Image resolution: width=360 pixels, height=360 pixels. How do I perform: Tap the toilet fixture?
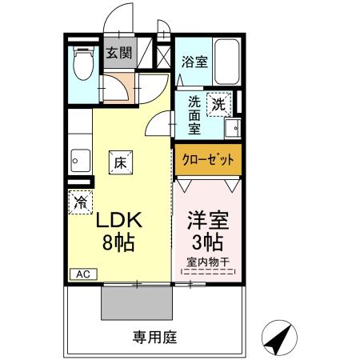(x=82, y=66)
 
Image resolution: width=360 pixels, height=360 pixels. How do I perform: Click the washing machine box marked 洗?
(x=219, y=102)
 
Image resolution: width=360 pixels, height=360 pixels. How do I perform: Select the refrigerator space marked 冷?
(x=81, y=203)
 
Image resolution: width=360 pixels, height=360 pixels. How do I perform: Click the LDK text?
(x=121, y=218)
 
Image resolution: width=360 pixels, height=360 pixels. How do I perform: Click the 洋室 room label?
(x=206, y=218)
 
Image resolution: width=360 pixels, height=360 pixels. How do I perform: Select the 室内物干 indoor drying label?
(x=207, y=262)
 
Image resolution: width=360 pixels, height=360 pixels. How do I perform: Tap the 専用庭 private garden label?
(x=151, y=337)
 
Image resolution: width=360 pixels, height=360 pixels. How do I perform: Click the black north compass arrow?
(x=278, y=339)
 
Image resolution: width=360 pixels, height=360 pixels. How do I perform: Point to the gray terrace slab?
(x=135, y=303)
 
